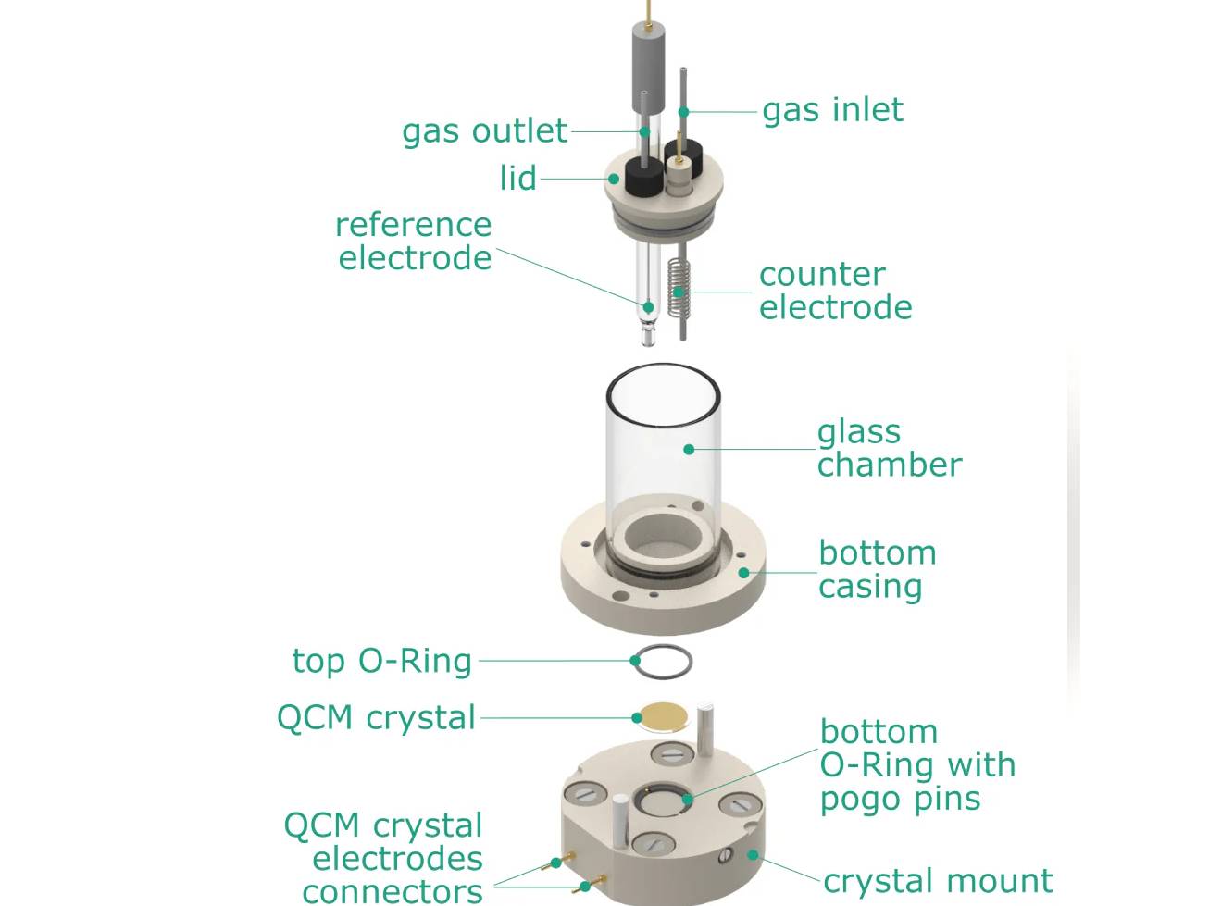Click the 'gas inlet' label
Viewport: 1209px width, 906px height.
[x=831, y=110]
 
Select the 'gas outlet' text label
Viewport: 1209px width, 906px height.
[x=484, y=131]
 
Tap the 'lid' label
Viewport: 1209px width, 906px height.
[x=517, y=178]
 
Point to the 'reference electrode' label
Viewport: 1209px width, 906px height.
[x=414, y=241]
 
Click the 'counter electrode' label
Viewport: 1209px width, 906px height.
[x=834, y=291]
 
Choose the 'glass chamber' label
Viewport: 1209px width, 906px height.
[x=888, y=448]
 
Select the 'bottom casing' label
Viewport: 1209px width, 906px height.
[x=876, y=569]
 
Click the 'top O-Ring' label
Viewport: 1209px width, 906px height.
[x=381, y=661]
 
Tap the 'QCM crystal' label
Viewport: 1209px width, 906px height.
[x=376, y=717]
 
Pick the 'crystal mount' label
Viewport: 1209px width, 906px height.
[x=937, y=880]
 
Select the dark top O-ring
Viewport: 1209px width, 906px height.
[x=663, y=661]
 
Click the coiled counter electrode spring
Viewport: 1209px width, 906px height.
[x=679, y=287]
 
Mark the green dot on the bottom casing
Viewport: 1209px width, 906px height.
[x=743, y=573]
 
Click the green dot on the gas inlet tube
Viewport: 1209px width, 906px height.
[x=683, y=112]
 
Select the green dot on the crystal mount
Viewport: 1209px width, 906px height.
[x=753, y=854]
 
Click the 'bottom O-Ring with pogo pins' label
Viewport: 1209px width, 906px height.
[x=916, y=765]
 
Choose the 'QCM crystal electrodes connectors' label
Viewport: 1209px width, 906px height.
[x=383, y=858]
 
